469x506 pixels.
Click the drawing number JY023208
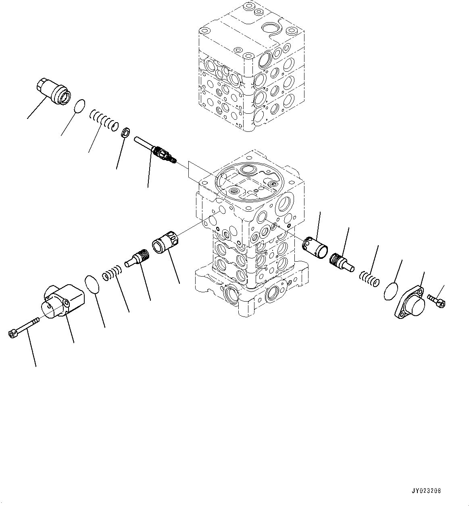[426, 491]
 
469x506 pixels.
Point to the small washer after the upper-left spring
[125, 132]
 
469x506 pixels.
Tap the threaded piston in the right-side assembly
[341, 262]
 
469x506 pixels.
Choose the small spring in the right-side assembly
[369, 278]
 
